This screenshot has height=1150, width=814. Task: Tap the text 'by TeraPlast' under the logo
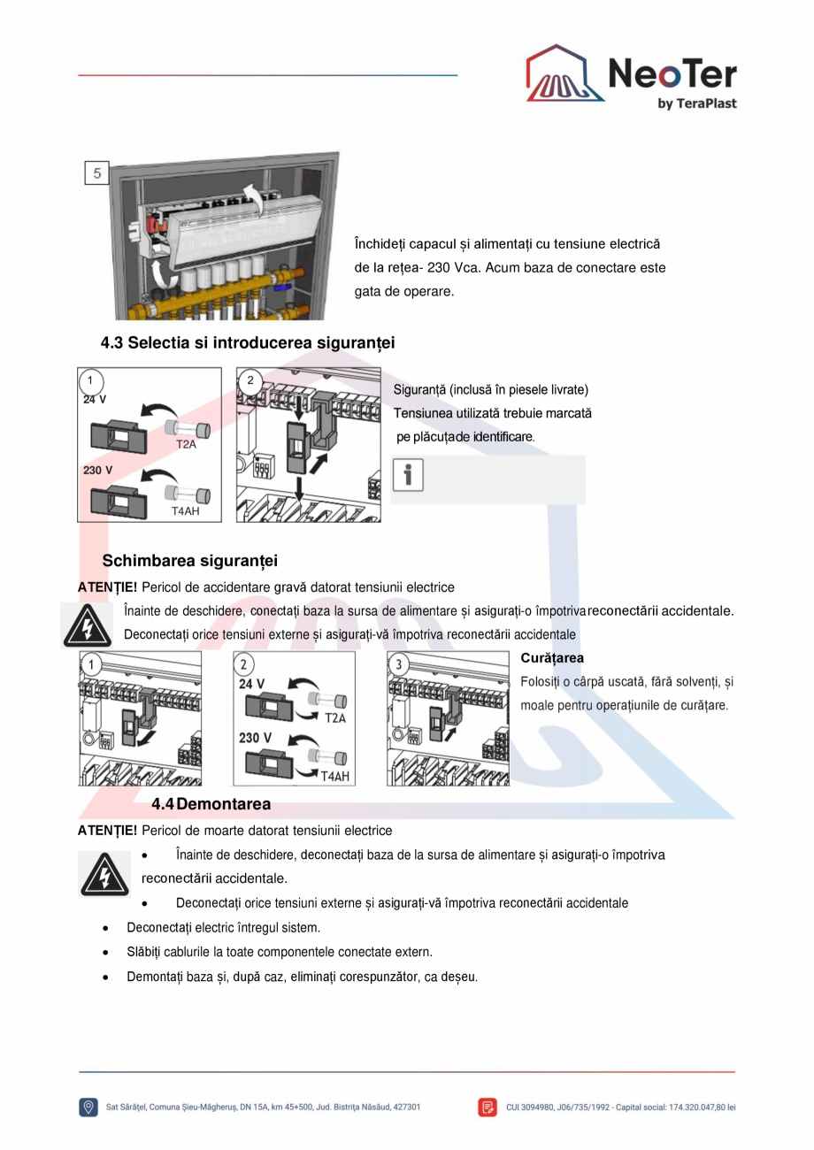coord(696,103)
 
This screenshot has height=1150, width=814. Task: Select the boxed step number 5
coord(96,172)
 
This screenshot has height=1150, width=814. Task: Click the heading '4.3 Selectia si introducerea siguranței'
coord(248,342)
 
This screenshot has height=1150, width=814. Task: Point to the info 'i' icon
coord(408,475)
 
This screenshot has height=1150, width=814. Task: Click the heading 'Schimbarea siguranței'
coord(189,561)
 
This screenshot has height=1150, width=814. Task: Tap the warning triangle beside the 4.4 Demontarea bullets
coord(98,874)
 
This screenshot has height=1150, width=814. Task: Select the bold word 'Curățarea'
coord(552,658)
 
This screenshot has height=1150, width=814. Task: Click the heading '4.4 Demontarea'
coord(211,804)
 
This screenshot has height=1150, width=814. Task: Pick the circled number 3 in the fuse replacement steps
coord(399,664)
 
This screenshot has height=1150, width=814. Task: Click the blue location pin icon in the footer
coord(88,1107)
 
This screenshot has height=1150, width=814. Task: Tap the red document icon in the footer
coord(488,1107)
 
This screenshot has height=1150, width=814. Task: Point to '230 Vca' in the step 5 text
coord(452,267)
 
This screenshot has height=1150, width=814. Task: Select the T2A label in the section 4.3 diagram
coord(186,444)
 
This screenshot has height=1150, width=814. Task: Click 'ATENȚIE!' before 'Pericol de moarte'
coord(107,831)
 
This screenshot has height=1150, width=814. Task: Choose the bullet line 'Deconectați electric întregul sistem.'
coord(223,928)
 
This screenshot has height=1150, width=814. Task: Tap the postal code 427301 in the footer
coord(405,1107)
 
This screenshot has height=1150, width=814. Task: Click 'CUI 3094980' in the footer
coord(534,1107)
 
